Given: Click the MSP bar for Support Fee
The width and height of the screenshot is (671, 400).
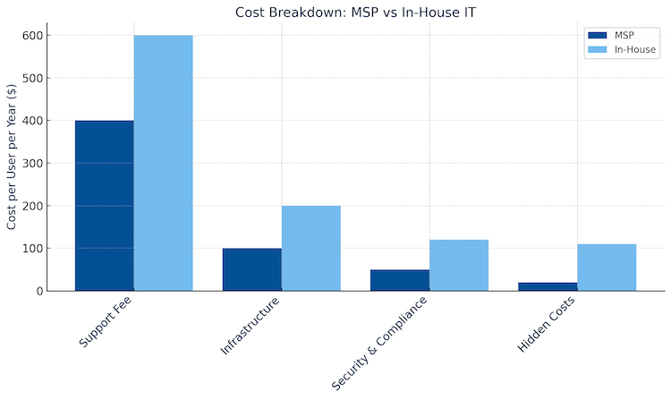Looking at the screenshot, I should point(104,206).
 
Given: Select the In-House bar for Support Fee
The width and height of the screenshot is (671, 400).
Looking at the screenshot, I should point(163,163).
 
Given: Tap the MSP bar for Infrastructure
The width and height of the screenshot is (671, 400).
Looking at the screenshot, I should point(251,269).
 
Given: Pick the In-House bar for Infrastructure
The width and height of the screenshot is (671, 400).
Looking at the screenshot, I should point(310,248).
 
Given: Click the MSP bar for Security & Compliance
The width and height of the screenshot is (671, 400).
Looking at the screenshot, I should point(399,280).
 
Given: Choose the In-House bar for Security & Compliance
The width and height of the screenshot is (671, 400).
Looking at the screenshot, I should point(458,265).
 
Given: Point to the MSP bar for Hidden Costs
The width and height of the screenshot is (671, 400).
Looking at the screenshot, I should point(547,286).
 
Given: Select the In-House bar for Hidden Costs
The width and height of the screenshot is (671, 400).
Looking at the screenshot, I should point(606,268).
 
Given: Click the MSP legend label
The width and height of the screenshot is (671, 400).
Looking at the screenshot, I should point(624,35).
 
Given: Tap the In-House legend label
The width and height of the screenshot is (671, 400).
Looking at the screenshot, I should point(635,49).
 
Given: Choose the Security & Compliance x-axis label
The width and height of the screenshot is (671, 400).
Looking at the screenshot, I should point(379,342).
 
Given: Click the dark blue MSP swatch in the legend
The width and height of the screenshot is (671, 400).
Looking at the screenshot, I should point(596,35).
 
